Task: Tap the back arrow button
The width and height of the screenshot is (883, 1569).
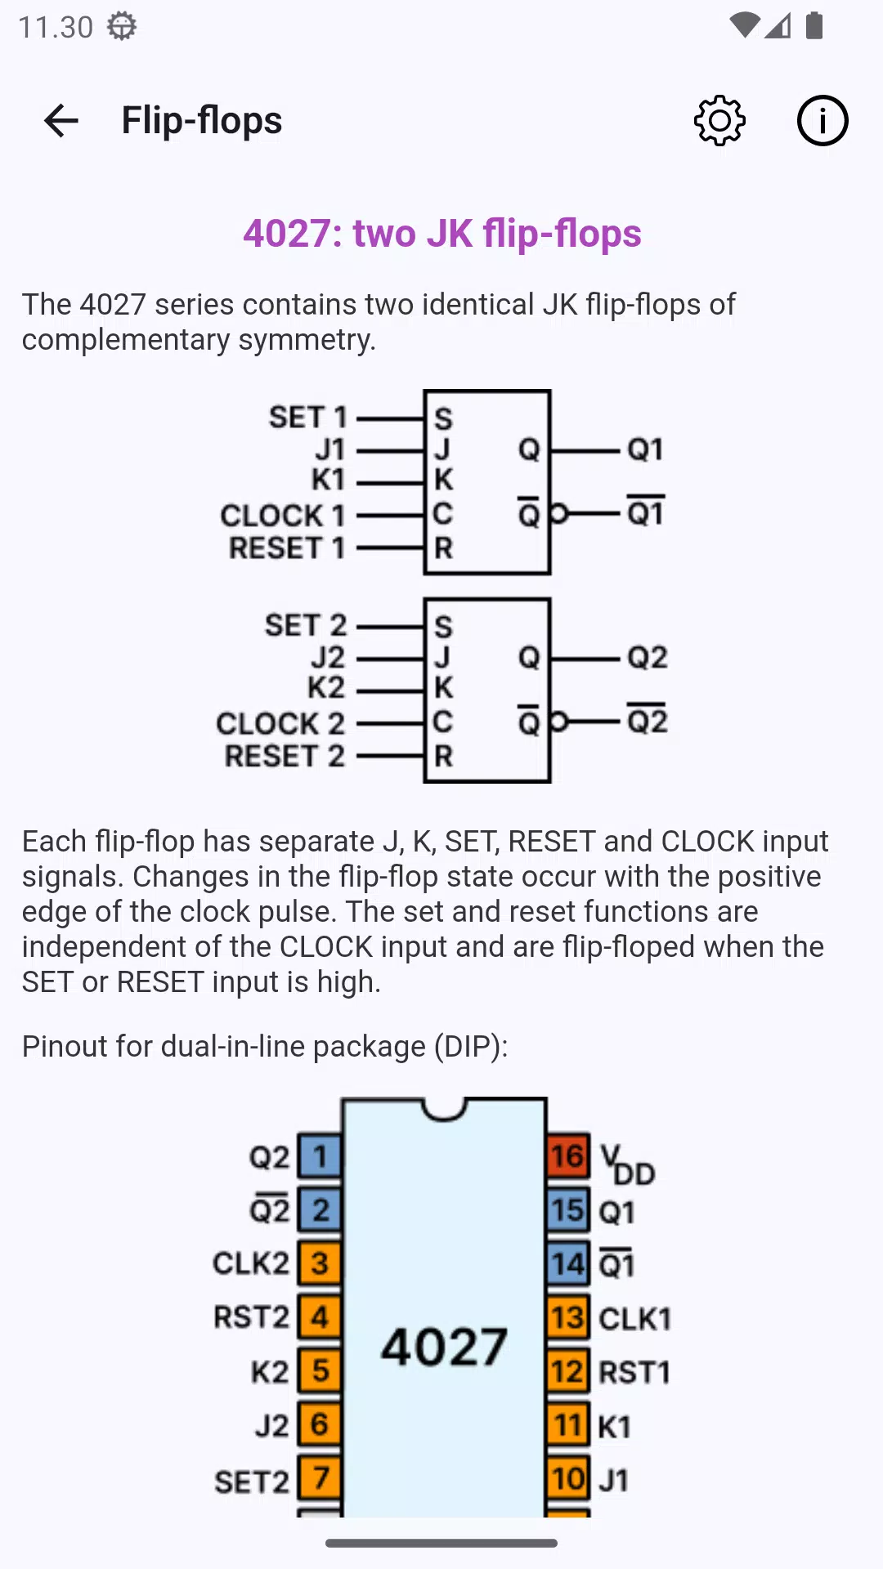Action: click(x=61, y=121)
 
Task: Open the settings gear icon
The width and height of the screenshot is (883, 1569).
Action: click(x=719, y=121)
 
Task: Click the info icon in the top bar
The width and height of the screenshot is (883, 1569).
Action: click(x=822, y=121)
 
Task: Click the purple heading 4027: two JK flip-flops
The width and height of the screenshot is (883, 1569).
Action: click(x=442, y=234)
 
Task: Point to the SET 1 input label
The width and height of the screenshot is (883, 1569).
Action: click(x=308, y=418)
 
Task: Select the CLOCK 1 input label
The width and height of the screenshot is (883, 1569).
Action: click(x=283, y=516)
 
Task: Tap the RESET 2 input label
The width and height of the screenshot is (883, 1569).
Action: click(x=285, y=757)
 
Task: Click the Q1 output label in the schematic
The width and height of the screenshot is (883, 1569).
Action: click(x=645, y=449)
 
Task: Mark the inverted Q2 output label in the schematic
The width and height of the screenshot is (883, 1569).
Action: click(x=648, y=719)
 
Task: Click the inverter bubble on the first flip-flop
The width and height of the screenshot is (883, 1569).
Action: click(x=558, y=514)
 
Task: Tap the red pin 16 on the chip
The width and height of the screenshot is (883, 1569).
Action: click(x=568, y=1156)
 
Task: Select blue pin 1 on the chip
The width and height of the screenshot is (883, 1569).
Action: click(x=320, y=1156)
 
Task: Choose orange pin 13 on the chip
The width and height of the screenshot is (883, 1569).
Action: click(x=568, y=1317)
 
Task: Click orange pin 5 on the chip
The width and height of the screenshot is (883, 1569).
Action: click(x=320, y=1370)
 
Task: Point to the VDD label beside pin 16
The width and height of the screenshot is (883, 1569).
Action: click(x=628, y=1165)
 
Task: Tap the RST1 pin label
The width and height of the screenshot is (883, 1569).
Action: click(x=634, y=1372)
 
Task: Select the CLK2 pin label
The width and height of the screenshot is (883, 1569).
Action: click(x=251, y=1263)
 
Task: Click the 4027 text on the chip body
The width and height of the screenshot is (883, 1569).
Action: click(x=444, y=1347)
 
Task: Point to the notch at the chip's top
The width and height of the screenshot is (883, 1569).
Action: click(x=444, y=1110)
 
